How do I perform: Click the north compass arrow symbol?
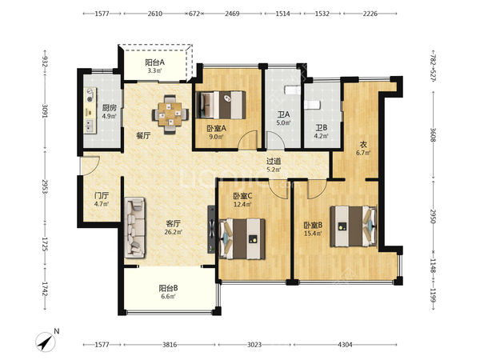pyautogui.click(x=46, y=342)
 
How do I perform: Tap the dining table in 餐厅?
pyautogui.click(x=170, y=114)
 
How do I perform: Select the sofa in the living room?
pyautogui.click(x=134, y=227)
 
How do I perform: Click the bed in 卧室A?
pyautogui.click(x=221, y=105)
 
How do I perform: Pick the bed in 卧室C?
pyautogui.click(x=242, y=238)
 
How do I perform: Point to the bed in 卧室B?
pyautogui.click(x=354, y=226)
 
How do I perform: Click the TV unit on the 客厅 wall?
pyautogui.click(x=211, y=230)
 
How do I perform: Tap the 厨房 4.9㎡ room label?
pyautogui.click(x=110, y=112)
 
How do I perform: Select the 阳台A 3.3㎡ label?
pyautogui.click(x=154, y=66)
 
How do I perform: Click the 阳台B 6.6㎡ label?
pyautogui.click(x=168, y=292)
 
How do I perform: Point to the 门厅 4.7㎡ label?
pyautogui.click(x=102, y=199)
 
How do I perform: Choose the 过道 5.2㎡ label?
pyautogui.click(x=274, y=165)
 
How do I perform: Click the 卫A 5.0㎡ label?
pyautogui.click(x=283, y=118)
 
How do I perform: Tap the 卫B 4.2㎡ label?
pyautogui.click(x=322, y=131)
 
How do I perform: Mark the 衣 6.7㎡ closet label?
pyautogui.click(x=363, y=148)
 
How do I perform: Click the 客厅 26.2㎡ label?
pyautogui.click(x=174, y=227)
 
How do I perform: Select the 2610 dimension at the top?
pyautogui.click(x=155, y=14)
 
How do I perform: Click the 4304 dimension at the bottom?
pyautogui.click(x=345, y=345)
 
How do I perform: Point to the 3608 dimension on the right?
pyautogui.click(x=433, y=134)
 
